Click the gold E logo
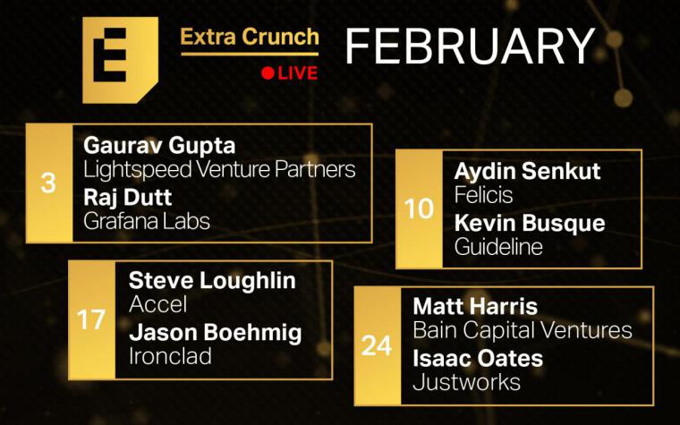[x=120, y=60]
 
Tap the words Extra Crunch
[x=250, y=37]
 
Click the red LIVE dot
[x=268, y=73]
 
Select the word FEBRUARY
[x=470, y=46]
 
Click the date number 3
[x=48, y=183]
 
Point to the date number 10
[x=419, y=208]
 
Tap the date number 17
[x=91, y=319]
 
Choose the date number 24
[x=377, y=346]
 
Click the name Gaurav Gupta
[x=159, y=146]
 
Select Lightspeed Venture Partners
[x=219, y=170]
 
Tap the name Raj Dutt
[x=127, y=198]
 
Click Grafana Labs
[x=147, y=221]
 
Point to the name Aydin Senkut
[x=527, y=171]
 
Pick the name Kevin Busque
[x=530, y=224]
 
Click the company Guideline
[x=498, y=247]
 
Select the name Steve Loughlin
[x=212, y=282]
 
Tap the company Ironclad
[x=170, y=356]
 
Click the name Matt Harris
[x=475, y=307]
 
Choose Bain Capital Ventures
[x=523, y=330]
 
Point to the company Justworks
[x=467, y=383]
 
